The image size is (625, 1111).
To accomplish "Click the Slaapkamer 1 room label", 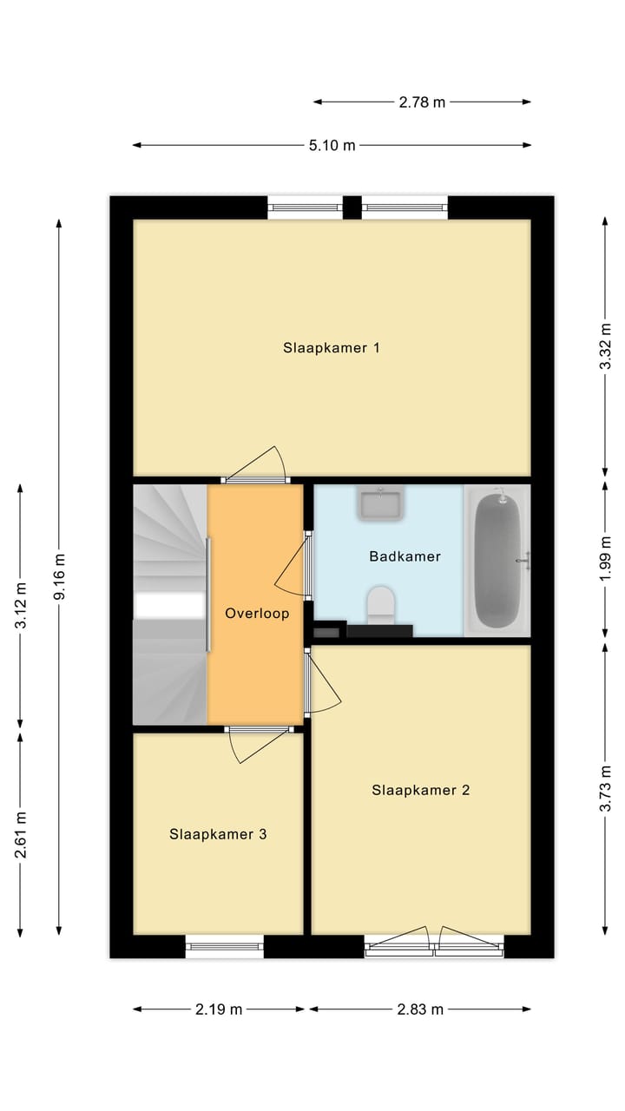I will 332,348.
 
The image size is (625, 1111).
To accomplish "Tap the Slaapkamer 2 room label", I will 421,790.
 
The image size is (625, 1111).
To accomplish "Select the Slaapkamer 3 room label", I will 218,834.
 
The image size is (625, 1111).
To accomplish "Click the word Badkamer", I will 405,556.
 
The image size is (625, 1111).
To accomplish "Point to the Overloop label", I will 257,613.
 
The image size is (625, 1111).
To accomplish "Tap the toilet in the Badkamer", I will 380,604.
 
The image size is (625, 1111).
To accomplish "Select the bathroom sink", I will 379,503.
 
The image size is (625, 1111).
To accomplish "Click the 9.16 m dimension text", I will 59,577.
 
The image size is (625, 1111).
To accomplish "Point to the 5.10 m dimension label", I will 332,146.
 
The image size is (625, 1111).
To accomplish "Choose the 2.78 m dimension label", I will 422,102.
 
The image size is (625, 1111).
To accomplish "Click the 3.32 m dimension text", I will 606,347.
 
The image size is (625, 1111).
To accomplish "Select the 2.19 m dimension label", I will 219,1009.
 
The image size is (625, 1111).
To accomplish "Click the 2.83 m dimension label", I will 420,1009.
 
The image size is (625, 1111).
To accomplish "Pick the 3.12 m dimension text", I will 21,606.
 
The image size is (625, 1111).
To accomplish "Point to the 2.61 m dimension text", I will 21,834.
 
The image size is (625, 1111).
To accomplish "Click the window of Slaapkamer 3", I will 225,947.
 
